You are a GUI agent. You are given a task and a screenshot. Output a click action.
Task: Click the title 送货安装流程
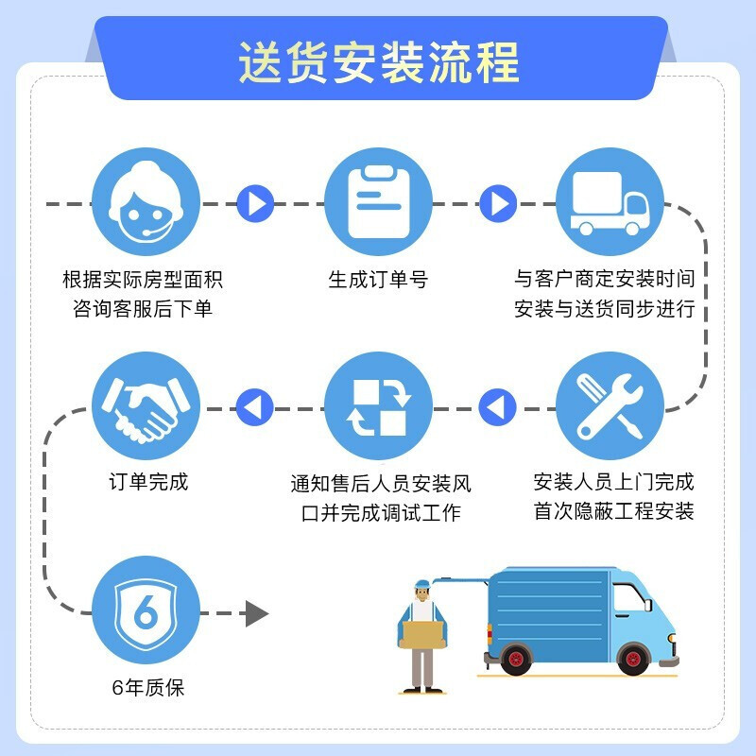pos(379,61)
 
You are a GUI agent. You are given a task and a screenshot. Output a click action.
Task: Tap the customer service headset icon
pos(146,201)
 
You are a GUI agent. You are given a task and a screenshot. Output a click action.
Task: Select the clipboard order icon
pos(378,201)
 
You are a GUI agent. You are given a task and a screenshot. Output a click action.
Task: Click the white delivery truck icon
pos(610,201)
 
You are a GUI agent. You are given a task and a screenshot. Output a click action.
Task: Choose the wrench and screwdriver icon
pos(610,406)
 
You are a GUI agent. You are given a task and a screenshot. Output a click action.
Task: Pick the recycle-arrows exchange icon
pos(378,406)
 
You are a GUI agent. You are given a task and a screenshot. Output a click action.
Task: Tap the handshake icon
pos(146,406)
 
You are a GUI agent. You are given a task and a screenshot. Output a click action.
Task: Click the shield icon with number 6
pos(146,611)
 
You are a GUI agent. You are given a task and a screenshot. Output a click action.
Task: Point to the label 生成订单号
pos(378,280)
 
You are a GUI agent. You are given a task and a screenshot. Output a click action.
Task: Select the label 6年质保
pos(146,687)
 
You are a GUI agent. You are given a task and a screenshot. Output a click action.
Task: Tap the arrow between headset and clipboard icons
pos(254,202)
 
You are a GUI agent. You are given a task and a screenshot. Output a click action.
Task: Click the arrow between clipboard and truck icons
pos(498,202)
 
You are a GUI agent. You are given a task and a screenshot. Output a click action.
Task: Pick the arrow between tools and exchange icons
pos(497,407)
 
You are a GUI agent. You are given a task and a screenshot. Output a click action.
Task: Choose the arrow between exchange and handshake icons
pos(253,407)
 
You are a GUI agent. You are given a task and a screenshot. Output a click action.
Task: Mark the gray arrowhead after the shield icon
pos(256,613)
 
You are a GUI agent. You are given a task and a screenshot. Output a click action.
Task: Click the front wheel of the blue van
pos(632,658)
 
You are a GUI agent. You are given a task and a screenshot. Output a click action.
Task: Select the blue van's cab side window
pos(626,598)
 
